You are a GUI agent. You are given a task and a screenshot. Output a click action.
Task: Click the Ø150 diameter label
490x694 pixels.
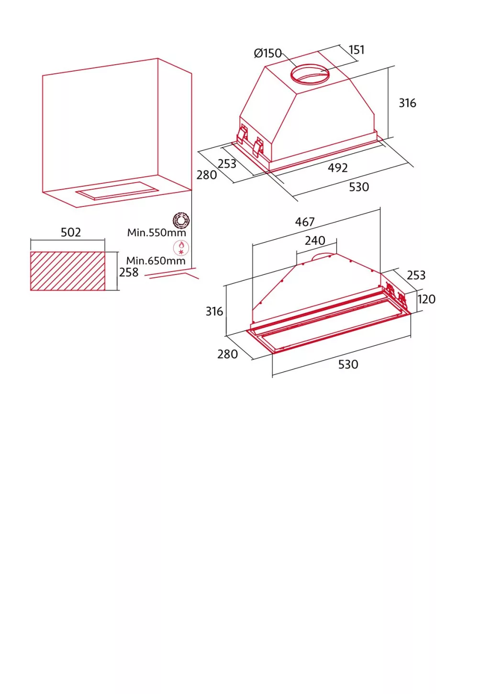267,53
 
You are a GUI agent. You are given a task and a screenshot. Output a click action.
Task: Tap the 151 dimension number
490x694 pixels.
356,50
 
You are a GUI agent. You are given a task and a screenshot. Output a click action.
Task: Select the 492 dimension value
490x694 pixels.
338,168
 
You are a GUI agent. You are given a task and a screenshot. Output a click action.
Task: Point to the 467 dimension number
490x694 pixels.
305,222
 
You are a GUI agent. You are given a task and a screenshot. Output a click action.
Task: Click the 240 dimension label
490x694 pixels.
315,240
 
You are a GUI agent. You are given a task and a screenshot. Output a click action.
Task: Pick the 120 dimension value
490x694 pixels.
426,299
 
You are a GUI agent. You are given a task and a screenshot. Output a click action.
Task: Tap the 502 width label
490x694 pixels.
70,232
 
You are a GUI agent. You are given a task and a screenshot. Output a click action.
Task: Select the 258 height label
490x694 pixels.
129,273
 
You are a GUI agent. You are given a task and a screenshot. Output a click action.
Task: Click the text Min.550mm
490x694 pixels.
156,232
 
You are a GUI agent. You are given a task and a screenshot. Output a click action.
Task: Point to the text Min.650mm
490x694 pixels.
156,261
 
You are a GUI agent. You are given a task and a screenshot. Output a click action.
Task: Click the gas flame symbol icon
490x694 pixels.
181,247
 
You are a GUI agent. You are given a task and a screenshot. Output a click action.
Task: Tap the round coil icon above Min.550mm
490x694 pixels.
181,221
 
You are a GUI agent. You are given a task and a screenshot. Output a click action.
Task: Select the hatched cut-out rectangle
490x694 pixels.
67,271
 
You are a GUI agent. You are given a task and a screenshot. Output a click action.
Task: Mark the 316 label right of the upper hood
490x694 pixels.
407,103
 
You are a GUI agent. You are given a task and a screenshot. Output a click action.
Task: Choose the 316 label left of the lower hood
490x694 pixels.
214,311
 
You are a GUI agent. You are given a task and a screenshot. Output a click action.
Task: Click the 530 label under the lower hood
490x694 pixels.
348,364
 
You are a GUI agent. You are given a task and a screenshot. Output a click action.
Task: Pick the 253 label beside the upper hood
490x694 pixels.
227,164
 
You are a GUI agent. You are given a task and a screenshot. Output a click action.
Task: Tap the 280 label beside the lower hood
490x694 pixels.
227,354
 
